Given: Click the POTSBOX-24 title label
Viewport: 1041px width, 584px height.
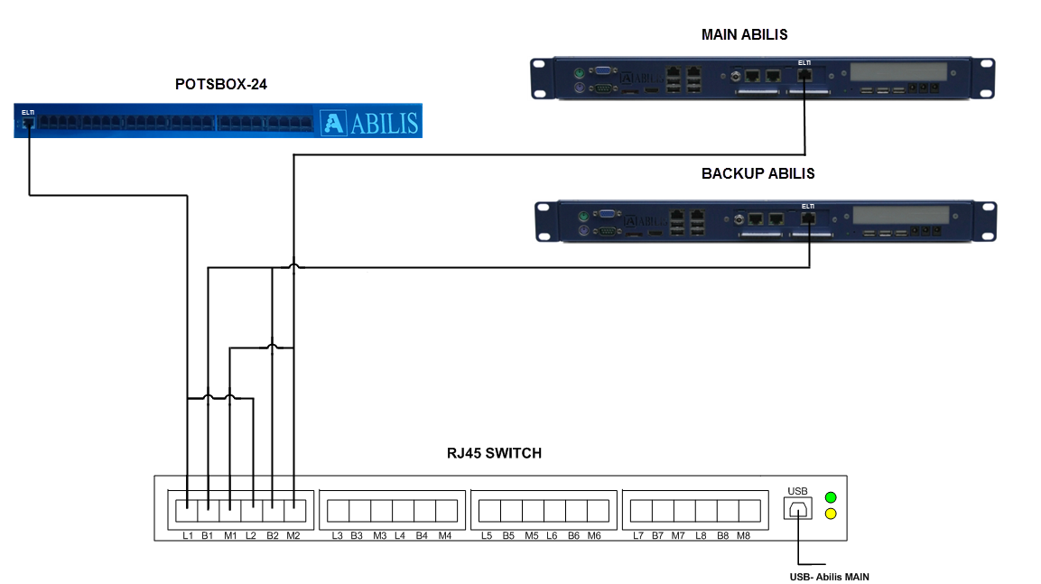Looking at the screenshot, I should click(221, 85).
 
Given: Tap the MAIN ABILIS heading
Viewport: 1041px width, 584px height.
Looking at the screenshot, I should click(744, 35).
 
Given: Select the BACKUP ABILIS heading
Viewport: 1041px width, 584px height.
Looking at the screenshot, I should click(758, 173).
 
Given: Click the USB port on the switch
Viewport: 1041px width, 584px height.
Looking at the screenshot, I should click(797, 509).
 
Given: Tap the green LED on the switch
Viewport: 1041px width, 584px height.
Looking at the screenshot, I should click(831, 497).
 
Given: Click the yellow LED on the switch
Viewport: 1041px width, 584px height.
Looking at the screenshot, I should click(831, 514).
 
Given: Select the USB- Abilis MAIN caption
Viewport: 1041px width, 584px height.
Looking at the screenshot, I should click(828, 577).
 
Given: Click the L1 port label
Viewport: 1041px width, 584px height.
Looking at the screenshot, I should click(188, 536).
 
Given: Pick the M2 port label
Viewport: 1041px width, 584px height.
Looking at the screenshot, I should click(293, 536).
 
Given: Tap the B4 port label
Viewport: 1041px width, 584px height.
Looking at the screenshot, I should click(422, 536).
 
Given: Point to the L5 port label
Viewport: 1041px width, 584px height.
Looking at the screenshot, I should click(487, 536).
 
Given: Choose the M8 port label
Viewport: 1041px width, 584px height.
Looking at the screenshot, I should click(743, 536).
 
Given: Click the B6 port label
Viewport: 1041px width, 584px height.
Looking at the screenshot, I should click(573, 536).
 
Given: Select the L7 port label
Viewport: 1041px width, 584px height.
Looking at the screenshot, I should click(638, 536).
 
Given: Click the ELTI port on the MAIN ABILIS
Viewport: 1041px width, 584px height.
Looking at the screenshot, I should click(805, 75).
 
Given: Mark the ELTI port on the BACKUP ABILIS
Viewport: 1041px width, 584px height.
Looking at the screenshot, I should click(809, 218).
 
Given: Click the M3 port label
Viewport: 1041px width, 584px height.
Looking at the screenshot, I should click(379, 536).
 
